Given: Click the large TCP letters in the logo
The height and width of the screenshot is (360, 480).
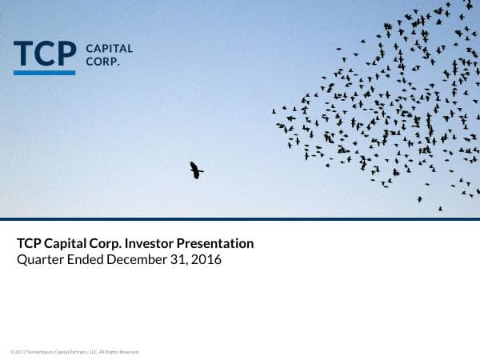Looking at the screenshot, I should [45, 53].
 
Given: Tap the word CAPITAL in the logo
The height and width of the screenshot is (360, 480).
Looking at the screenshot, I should [109, 48].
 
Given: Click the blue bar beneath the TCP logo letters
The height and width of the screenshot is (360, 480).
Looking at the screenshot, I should [45, 73].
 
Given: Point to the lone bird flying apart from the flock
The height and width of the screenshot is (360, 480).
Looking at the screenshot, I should [196, 170].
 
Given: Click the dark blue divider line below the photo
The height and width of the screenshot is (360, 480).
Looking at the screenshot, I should [240, 218].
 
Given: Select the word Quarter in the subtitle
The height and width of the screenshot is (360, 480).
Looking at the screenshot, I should [38, 260].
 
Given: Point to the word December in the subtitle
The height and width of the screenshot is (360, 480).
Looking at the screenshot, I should [136, 260].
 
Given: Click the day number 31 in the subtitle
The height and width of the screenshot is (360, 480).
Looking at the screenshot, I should [179, 260].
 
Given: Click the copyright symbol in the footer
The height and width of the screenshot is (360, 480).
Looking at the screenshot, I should [12, 352].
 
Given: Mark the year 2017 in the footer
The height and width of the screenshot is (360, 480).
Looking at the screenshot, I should [20, 352].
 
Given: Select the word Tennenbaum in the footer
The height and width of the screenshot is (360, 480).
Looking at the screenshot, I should [40, 352].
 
